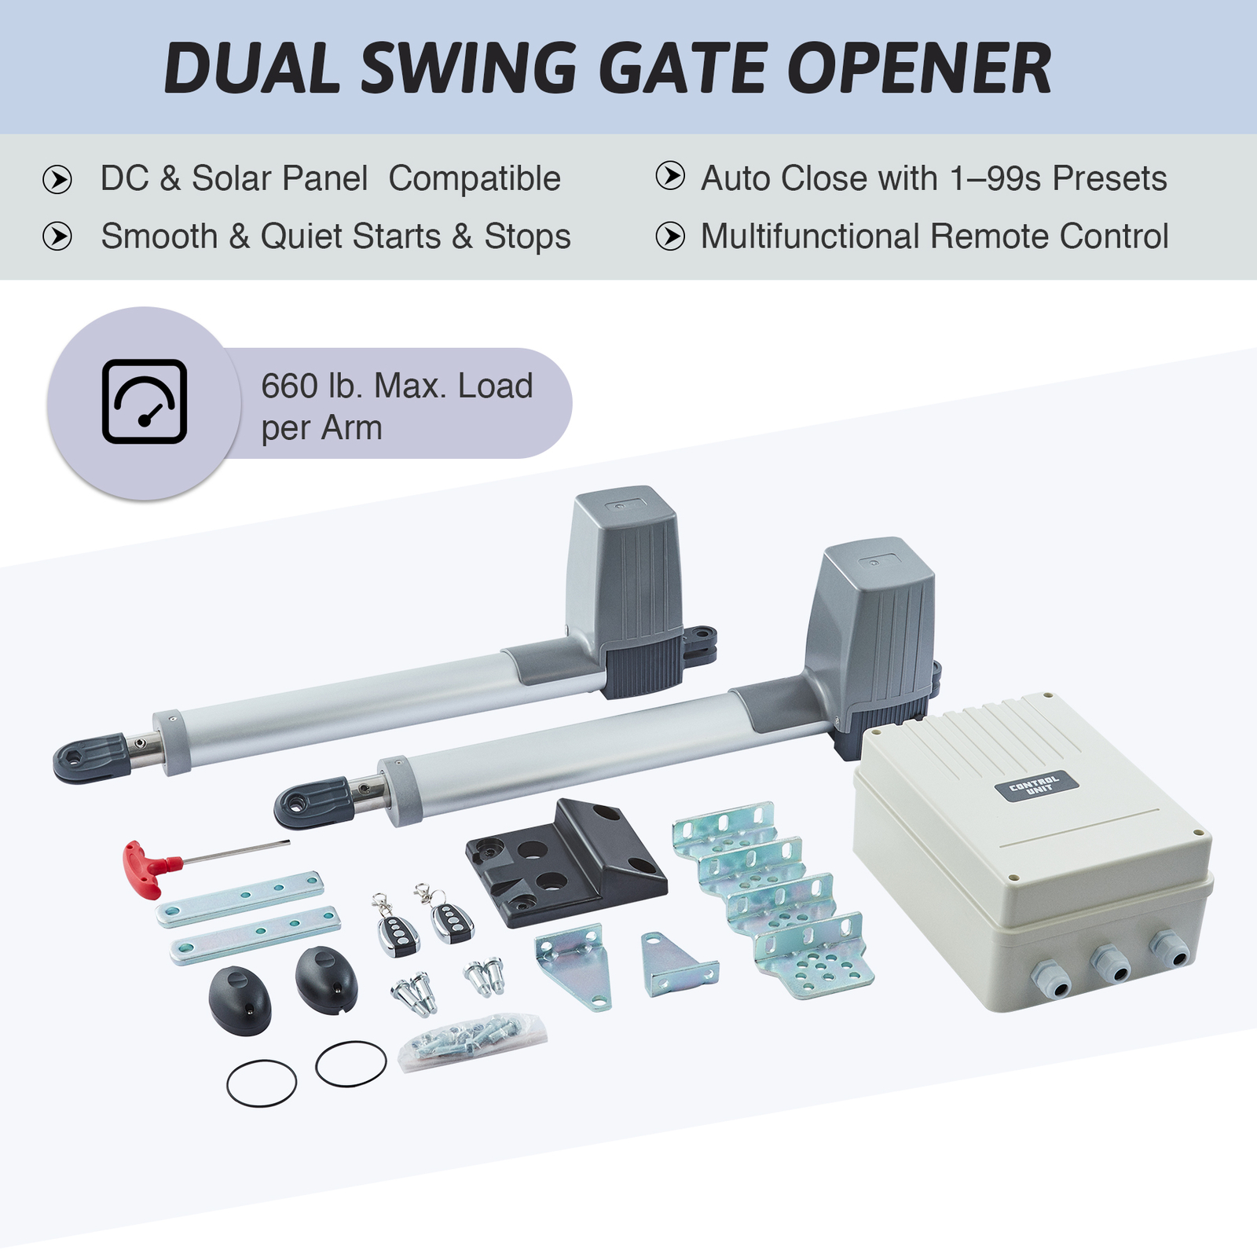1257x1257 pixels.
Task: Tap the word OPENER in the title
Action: (x=919, y=69)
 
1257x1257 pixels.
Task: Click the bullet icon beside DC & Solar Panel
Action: (x=57, y=180)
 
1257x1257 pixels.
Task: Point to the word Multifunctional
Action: (x=809, y=236)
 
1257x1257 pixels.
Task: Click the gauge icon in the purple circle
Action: (x=144, y=401)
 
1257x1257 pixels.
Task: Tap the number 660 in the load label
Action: (x=289, y=387)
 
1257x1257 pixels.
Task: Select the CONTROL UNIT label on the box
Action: (x=1036, y=785)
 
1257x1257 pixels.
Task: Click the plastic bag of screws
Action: (x=471, y=1041)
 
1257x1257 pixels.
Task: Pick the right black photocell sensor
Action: (x=326, y=979)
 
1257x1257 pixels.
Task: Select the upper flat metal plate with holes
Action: (x=240, y=899)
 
